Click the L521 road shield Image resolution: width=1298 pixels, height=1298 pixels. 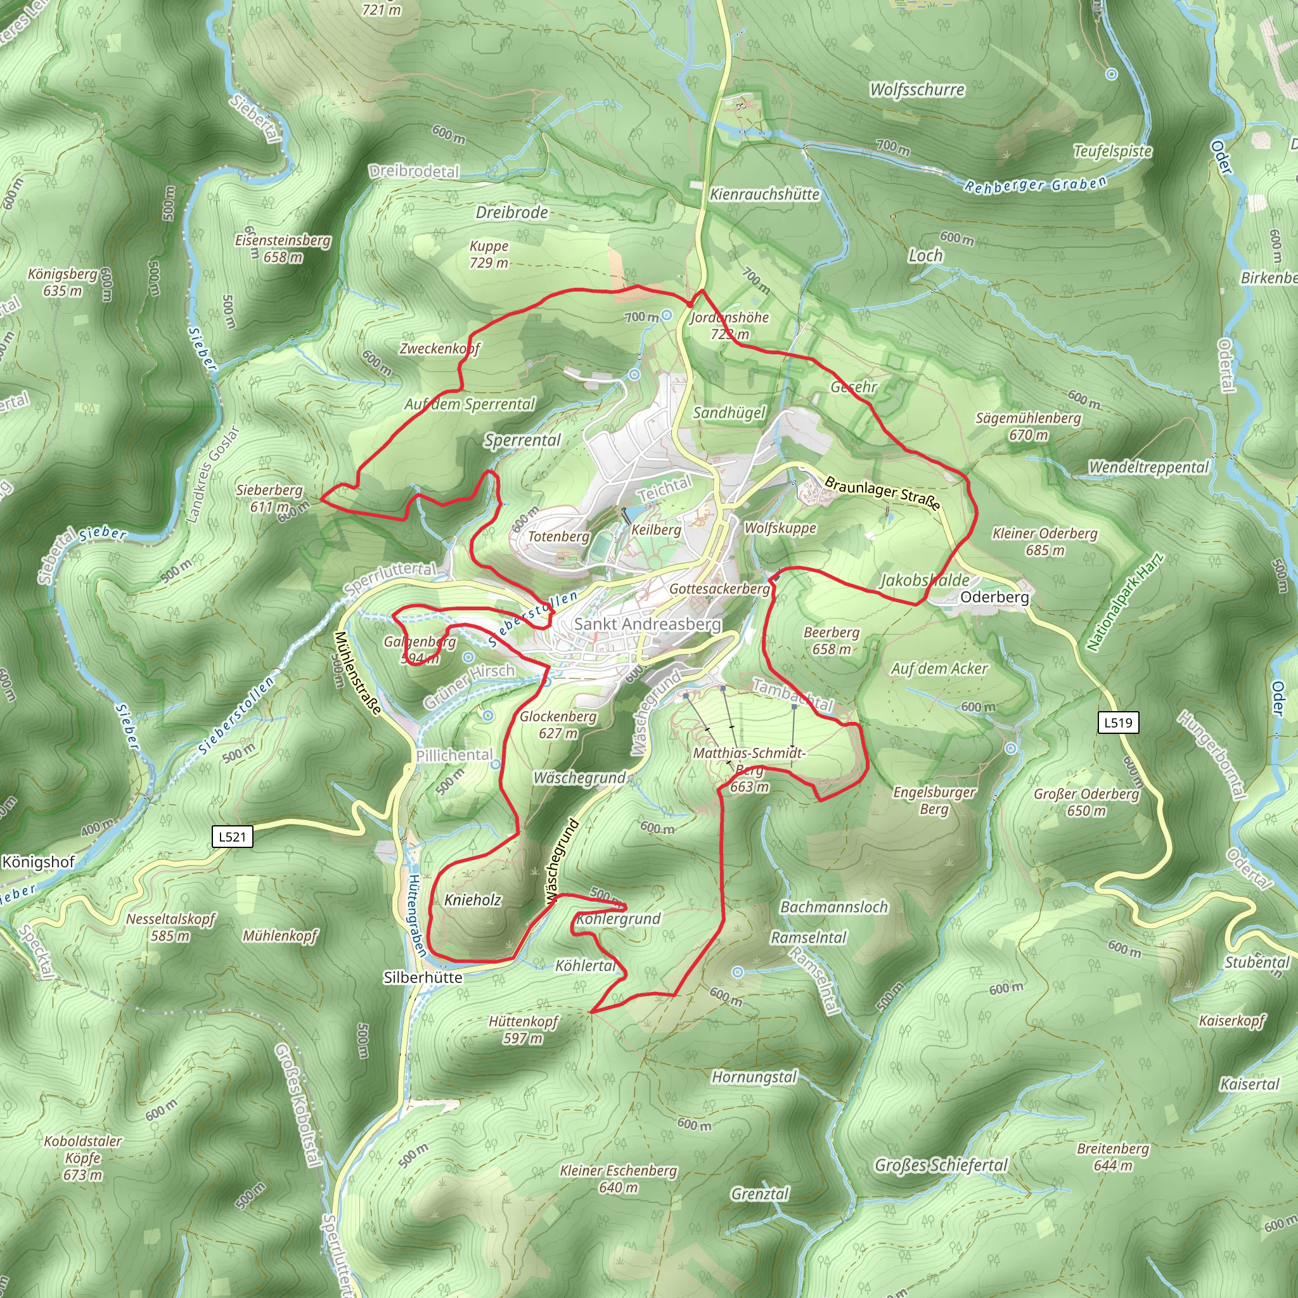(233, 837)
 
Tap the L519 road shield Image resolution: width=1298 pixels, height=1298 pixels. (1118, 723)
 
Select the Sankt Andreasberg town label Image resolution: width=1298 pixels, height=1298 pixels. (647, 624)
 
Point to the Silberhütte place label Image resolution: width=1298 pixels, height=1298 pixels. (423, 977)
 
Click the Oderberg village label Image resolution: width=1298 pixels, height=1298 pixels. (994, 596)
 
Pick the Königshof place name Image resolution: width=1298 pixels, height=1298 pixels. (38, 862)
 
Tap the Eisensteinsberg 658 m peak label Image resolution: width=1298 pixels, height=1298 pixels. (283, 248)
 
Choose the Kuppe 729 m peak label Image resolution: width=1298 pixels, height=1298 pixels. (489, 254)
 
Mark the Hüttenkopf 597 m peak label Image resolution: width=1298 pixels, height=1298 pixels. (524, 1029)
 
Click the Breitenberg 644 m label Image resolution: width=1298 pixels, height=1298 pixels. (1112, 1156)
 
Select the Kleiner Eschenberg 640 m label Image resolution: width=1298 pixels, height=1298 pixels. (618, 1178)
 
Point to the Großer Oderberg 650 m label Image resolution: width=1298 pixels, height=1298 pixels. (1086, 802)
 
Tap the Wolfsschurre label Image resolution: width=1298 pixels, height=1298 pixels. (917, 89)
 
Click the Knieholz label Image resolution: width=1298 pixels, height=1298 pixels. (473, 899)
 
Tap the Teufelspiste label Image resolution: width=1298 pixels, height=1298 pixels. (1112, 151)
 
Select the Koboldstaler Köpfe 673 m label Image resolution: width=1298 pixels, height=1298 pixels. (83, 1157)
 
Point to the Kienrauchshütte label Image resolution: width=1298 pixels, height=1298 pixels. (764, 194)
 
